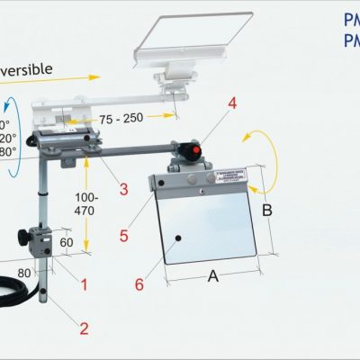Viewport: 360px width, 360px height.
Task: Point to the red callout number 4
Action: [232, 105]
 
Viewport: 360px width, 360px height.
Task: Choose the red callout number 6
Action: [139, 284]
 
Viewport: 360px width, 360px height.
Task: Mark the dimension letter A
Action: [212, 276]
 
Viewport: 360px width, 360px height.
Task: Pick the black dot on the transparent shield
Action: [179, 238]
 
